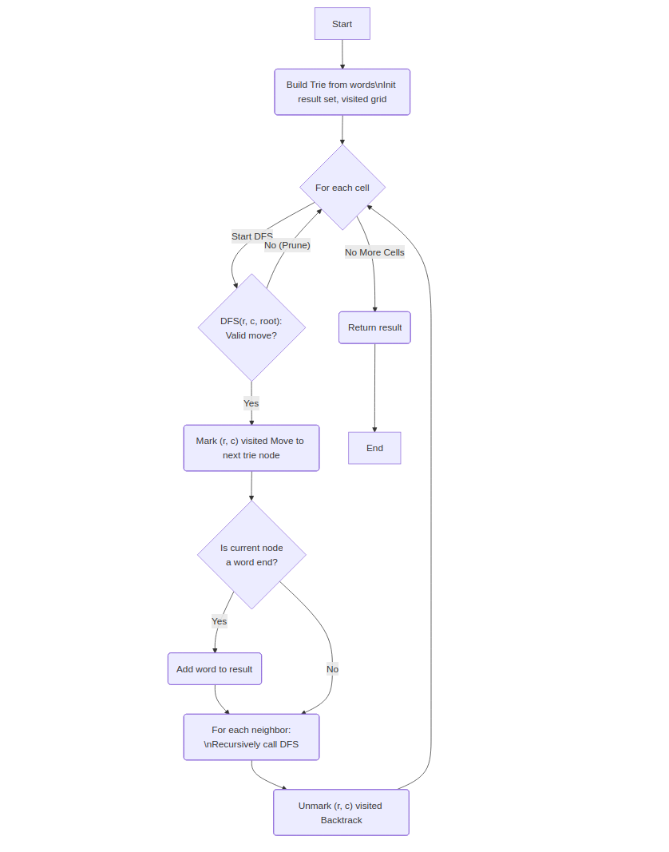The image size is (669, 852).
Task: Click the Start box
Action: coord(342,24)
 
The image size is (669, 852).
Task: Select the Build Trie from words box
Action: coord(342,92)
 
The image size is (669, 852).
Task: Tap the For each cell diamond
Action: coord(342,188)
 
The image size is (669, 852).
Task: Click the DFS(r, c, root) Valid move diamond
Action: coord(251,327)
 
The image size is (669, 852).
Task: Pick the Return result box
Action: coord(374,327)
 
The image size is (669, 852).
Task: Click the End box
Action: coord(374,448)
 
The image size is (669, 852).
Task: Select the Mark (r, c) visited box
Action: coord(251,448)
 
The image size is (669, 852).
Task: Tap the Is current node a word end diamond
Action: coord(251,555)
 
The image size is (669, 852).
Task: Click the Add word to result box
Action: coord(214,669)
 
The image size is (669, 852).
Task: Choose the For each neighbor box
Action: coord(251,737)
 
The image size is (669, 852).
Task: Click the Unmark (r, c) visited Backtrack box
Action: coord(341,813)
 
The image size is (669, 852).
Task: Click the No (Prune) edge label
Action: coord(287,245)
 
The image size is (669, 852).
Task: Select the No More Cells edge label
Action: coord(374,252)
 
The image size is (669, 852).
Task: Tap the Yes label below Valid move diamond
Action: coord(251,403)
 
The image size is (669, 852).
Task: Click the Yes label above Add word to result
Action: coord(219,621)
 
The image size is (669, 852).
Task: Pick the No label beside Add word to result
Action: coord(332,669)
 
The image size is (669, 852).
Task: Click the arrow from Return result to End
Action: coord(374,387)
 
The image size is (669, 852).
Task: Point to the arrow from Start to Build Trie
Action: coord(342,54)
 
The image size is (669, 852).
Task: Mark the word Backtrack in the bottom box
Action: coord(341,820)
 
